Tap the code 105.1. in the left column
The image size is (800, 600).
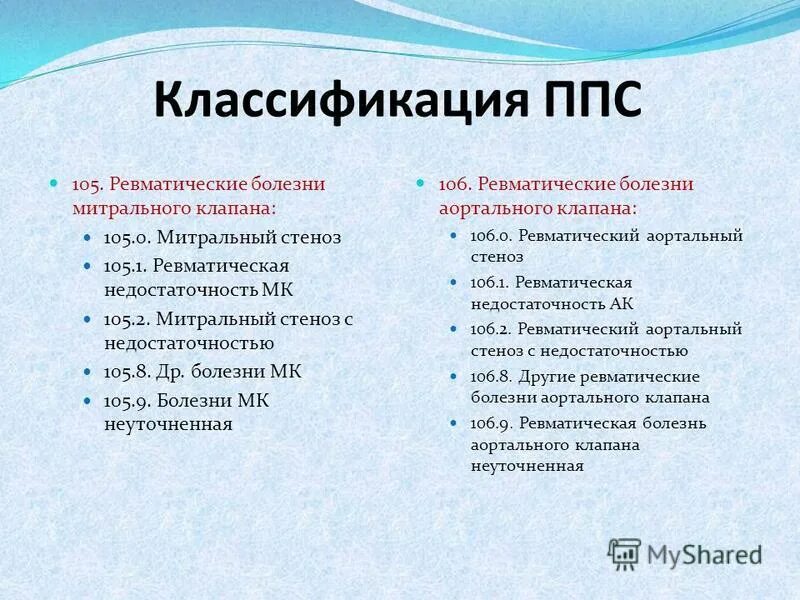click(x=126, y=266)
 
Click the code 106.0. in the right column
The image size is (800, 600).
click(x=491, y=236)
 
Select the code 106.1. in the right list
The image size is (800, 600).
click(x=490, y=283)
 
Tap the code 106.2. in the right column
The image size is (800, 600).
click(x=491, y=329)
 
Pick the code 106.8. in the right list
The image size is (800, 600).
click(x=491, y=376)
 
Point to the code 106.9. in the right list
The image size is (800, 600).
click(x=491, y=423)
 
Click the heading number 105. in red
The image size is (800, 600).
click(x=87, y=185)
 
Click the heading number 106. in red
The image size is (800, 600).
click(x=455, y=185)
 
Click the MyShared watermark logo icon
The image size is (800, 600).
click(x=625, y=553)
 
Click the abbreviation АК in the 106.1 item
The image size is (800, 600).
click(x=621, y=304)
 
